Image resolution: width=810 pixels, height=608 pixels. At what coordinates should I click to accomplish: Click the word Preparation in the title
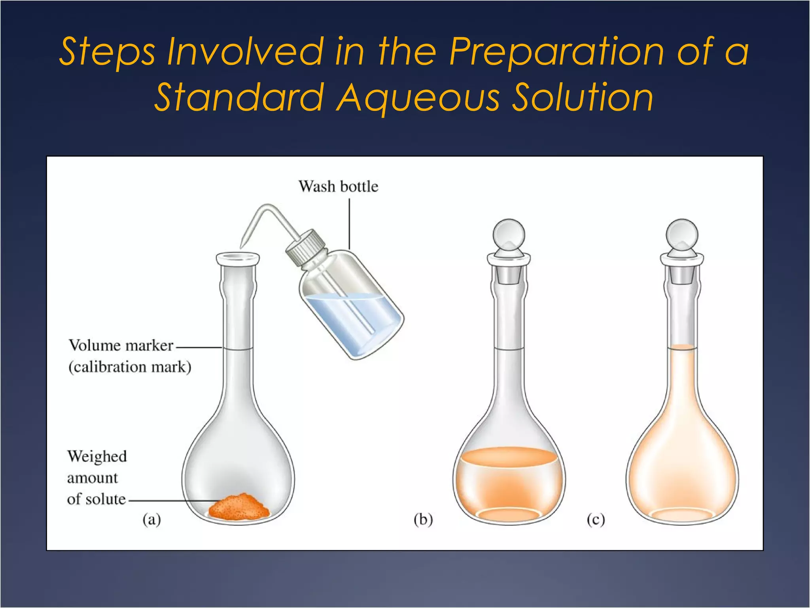556,52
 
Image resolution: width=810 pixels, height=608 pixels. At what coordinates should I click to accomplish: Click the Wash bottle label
338,186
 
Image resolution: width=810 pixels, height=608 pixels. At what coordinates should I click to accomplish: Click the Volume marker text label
121,346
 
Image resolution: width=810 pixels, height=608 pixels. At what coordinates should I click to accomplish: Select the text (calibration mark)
130,367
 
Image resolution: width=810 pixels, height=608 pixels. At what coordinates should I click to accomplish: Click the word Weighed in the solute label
97,456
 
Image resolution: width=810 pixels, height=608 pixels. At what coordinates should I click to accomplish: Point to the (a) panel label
151,519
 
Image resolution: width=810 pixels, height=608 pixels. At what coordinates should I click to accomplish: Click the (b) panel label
423,519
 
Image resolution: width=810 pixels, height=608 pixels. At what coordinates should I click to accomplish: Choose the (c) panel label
596,519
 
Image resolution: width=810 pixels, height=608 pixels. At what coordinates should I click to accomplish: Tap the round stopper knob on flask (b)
509,235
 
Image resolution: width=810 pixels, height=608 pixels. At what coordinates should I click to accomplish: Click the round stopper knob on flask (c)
682,235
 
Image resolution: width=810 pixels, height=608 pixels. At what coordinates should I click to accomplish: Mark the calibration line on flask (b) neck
509,349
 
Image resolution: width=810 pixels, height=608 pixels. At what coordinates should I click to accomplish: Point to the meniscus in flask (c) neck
682,348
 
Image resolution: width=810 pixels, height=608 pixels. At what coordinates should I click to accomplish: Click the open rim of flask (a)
238,258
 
